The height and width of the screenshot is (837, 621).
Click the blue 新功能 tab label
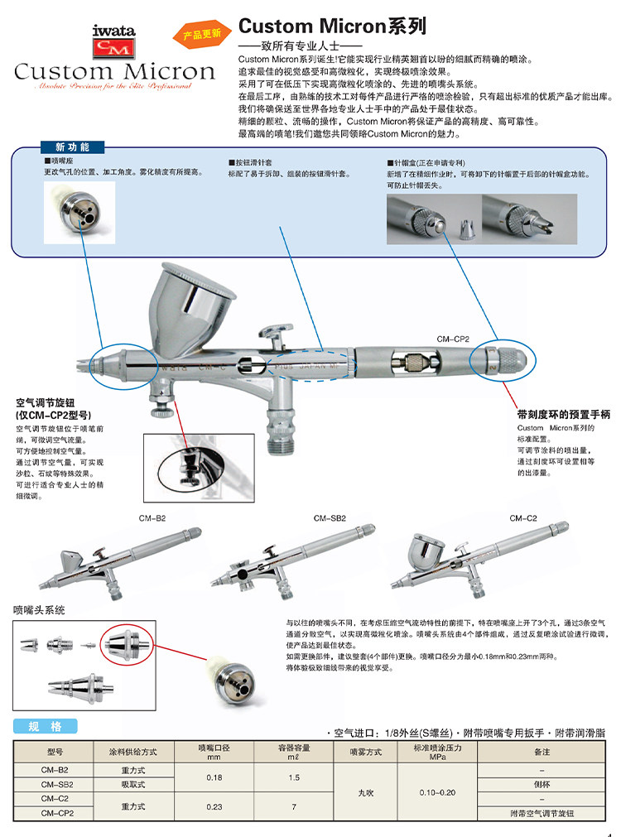[70, 147]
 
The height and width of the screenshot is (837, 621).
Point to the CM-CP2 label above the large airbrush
[453, 339]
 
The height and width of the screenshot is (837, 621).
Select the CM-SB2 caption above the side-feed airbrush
[330, 518]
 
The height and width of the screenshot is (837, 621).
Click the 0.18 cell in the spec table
[214, 777]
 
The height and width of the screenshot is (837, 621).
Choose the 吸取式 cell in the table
[133, 783]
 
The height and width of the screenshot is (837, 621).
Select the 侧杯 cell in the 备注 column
[542, 783]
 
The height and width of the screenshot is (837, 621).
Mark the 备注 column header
[542, 752]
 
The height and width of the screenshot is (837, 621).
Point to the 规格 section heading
[46, 726]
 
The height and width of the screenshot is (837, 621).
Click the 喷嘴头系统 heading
[40, 609]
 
